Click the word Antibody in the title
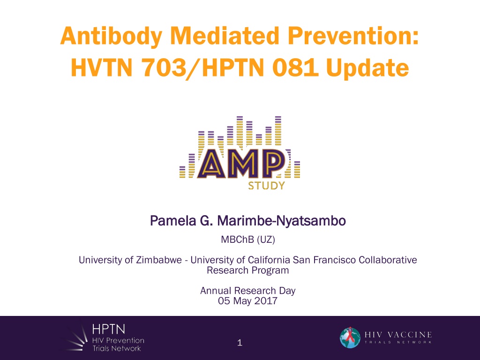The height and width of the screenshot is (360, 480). coord(111,37)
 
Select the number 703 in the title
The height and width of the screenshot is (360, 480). coord(164,67)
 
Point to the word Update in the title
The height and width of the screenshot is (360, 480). coord(367,68)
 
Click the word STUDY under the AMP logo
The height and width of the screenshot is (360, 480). coord(266,186)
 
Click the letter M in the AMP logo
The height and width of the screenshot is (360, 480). coord(242,164)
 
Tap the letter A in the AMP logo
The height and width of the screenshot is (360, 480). coord(211,164)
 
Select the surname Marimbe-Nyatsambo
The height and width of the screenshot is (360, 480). coord(281,221)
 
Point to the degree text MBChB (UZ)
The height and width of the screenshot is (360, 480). coord(248,240)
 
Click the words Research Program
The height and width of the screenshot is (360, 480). coord(247,270)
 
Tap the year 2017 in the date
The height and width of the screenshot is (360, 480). coord(266,300)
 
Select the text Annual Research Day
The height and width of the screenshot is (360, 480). coord(247,291)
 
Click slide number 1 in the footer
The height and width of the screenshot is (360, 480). coord(240,343)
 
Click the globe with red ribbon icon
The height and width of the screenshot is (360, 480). coord(350,337)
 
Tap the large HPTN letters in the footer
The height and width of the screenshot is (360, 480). coord(109,330)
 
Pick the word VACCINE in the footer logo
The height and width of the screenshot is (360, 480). coord(410,335)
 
